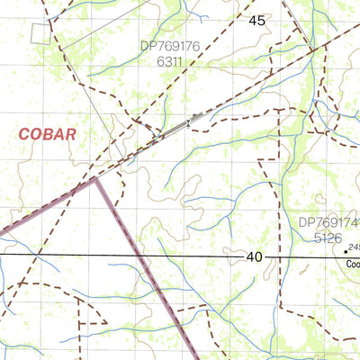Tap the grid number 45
(x=257, y=20)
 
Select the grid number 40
(x=255, y=257)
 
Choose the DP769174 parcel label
(x=329, y=221)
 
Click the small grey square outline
(x=39, y=32)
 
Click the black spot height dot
(x=341, y=252)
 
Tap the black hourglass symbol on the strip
(x=187, y=121)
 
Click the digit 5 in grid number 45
(x=262, y=20)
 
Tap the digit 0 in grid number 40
(x=259, y=257)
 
